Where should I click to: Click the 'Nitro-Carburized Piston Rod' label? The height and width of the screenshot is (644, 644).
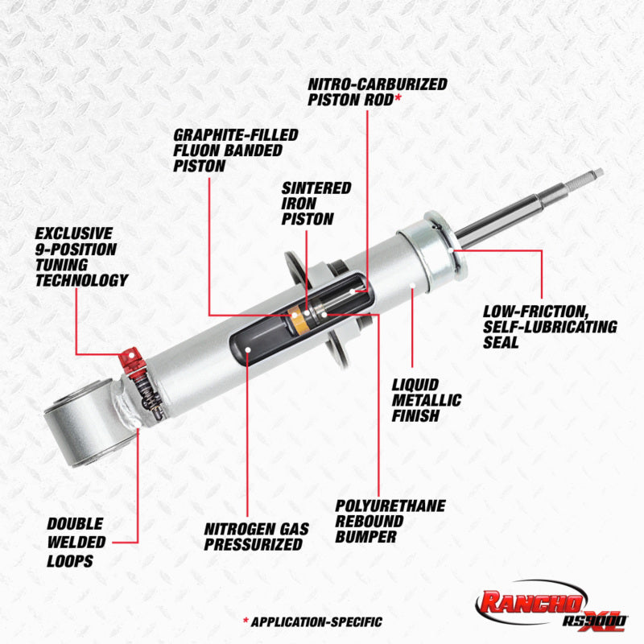click(377, 92)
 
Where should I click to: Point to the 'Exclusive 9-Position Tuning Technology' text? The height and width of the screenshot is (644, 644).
click(81, 257)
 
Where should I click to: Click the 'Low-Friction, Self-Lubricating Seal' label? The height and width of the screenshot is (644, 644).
click(550, 327)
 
